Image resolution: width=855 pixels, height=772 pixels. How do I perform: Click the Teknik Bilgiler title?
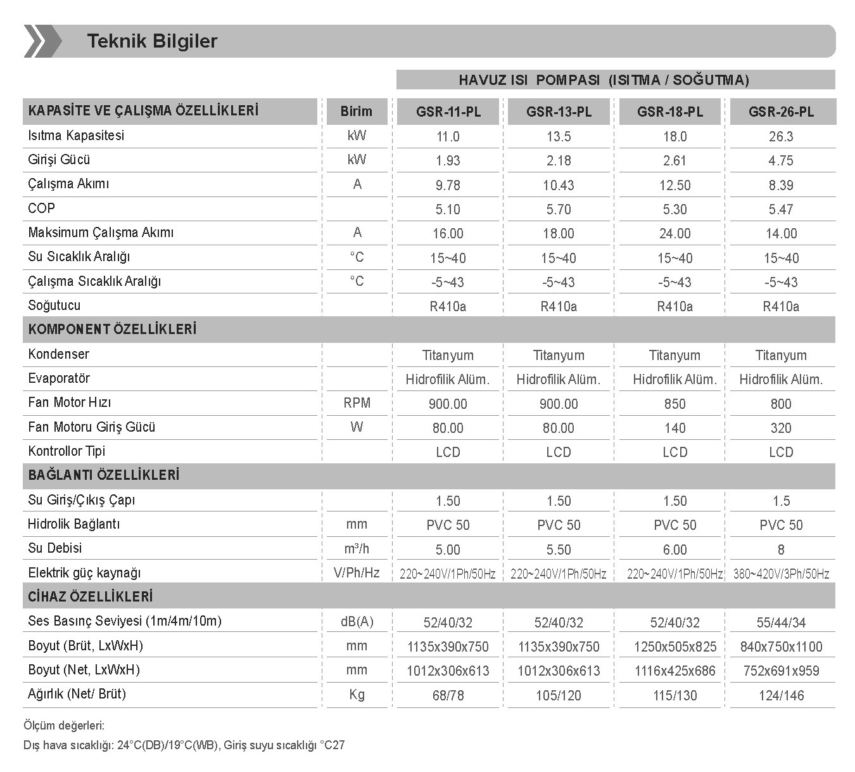pos(152,41)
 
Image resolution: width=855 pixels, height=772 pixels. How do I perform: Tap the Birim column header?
pos(356,112)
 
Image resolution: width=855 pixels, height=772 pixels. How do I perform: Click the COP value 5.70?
pos(559,210)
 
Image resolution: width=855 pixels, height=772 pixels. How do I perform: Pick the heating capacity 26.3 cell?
pos(780,137)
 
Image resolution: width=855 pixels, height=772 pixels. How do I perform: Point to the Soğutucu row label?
pos(54,306)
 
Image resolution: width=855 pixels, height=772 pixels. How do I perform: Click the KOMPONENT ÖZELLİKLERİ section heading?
pos(112,330)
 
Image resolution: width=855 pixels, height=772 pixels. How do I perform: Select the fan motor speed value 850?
pos(674,404)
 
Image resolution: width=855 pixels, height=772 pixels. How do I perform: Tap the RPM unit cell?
pos(357,403)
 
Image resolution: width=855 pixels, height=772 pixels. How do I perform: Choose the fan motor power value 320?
pos(780,428)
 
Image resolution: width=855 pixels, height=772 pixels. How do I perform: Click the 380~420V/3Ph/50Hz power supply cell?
pos(781,574)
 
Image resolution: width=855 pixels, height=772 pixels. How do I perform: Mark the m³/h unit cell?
pos(357,549)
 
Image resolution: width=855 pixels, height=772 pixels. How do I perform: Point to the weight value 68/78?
pos(448,696)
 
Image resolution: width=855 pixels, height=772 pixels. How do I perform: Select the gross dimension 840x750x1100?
pos(781,647)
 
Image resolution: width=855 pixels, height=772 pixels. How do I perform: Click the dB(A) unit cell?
pos(357,622)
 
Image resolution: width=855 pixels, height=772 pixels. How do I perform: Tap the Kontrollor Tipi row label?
pos(66,451)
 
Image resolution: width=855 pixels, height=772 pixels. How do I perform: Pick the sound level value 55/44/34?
pos(781,623)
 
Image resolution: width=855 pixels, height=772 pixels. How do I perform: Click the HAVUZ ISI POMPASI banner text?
pos(604,80)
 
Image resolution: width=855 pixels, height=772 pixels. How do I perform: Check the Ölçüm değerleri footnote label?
pos(64,726)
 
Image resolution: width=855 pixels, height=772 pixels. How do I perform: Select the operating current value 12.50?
pos(674,186)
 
